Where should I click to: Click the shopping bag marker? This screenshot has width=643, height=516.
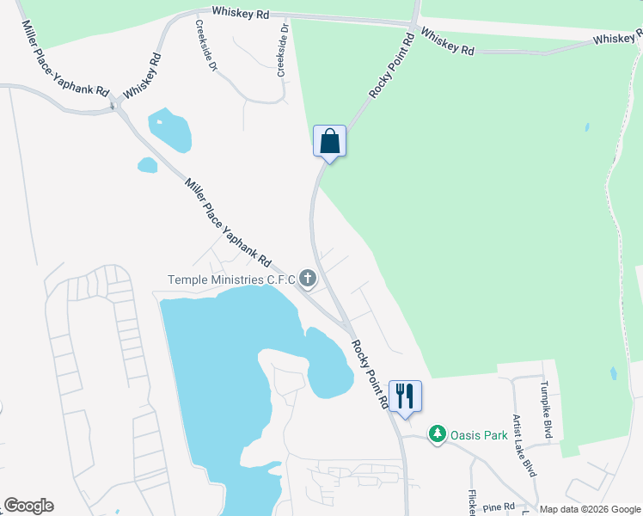tap(329, 142)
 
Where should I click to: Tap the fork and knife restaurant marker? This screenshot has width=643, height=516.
tap(405, 396)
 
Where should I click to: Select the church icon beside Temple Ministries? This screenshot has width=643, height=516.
tap(308, 279)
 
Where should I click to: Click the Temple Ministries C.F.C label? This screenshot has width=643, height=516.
tap(231, 279)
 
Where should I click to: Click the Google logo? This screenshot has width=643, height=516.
tap(28, 506)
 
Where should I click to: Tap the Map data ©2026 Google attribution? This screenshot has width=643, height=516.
tap(590, 509)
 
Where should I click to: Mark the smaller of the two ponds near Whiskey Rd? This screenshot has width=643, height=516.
tap(148, 165)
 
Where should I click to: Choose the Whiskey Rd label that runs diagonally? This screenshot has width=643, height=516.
tap(143, 76)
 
